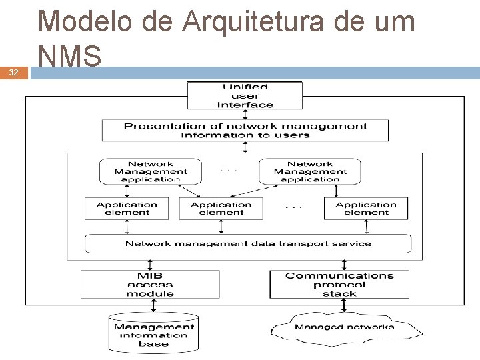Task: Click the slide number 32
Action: pyautogui.click(x=13, y=72)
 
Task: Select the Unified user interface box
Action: pyautogui.click(x=245, y=95)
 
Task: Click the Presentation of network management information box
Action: pyautogui.click(x=245, y=130)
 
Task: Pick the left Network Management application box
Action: pyautogui.click(x=150, y=171)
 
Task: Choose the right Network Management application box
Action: pyautogui.click(x=309, y=171)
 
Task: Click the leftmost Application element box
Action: pyautogui.click(x=127, y=209)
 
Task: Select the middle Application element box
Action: pyautogui.click(x=221, y=209)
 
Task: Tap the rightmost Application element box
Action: pyautogui.click(x=366, y=209)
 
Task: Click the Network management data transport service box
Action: pyautogui.click(x=248, y=243)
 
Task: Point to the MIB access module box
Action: pyautogui.click(x=150, y=284)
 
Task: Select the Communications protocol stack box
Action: pyautogui.click(x=339, y=284)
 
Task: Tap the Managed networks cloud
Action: pyautogui.click(x=344, y=327)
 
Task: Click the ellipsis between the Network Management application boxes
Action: pyautogui.click(x=229, y=171)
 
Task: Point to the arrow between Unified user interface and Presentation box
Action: pyautogui.click(x=245, y=114)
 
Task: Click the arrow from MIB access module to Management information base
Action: pyautogui.click(x=154, y=305)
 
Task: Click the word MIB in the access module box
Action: pyautogui.click(x=150, y=275)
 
